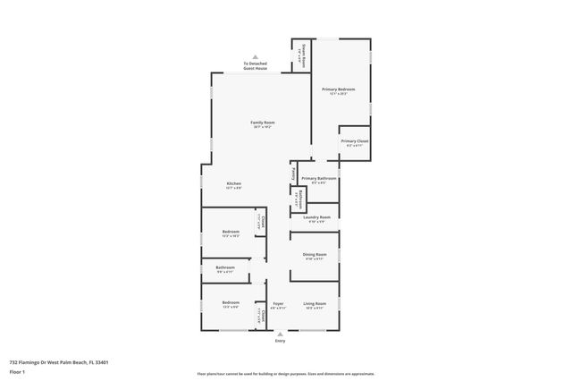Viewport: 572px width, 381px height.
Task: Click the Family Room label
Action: (x=262, y=122)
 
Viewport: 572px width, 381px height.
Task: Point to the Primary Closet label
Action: (x=355, y=141)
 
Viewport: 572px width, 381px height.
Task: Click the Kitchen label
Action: (x=233, y=183)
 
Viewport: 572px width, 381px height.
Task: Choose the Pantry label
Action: (x=293, y=171)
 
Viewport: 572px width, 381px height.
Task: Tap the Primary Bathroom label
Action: (x=318, y=178)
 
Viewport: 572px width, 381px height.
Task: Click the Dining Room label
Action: (x=315, y=255)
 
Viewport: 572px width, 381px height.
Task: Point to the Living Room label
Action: (x=315, y=303)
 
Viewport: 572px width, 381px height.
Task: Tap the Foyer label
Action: (x=278, y=303)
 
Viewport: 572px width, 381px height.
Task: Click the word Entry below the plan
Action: (x=280, y=341)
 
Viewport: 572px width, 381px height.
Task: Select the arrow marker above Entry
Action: (x=280, y=334)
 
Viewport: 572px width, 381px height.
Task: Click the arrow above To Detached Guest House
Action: (x=255, y=55)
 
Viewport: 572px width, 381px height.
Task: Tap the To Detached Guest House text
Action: (x=255, y=65)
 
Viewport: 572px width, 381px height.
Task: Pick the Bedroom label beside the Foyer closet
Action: (x=230, y=303)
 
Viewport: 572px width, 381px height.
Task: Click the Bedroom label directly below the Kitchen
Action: (x=230, y=232)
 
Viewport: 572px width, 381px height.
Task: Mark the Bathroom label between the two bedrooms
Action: (x=225, y=267)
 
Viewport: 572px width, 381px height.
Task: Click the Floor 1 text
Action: (x=17, y=370)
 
